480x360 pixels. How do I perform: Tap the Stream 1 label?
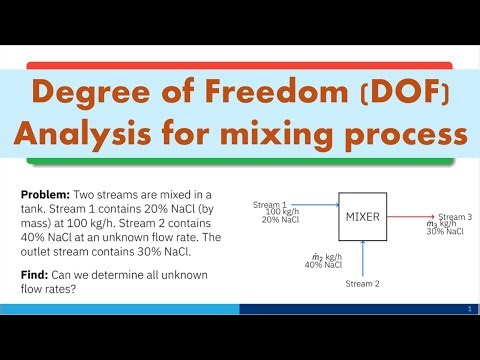coord(270,204)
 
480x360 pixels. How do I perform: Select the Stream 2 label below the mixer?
coord(362,284)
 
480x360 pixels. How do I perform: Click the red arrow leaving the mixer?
coord(410,215)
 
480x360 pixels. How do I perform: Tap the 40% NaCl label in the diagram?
coord(323,265)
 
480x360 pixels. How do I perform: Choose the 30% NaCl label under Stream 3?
coord(445,232)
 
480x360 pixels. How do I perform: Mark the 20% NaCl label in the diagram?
coord(281,220)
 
